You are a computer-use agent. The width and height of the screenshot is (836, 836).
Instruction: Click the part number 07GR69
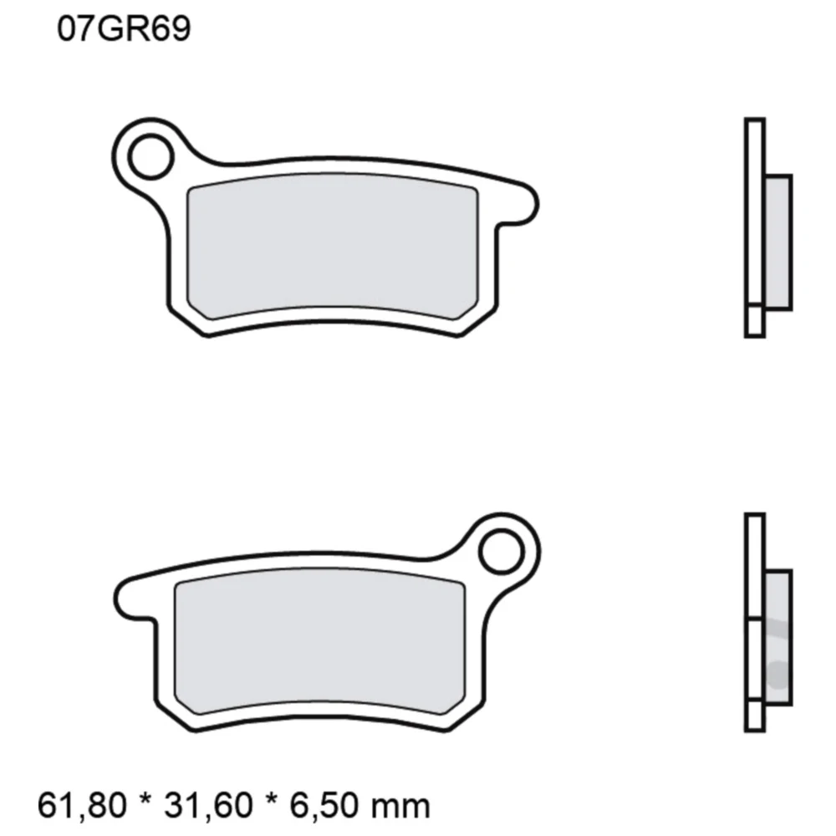(124, 30)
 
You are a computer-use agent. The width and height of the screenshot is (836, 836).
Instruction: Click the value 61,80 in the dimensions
(82, 805)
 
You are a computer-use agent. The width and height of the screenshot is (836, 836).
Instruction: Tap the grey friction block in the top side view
(777, 242)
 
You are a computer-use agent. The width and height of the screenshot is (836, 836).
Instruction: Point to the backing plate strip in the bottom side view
(754, 568)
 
